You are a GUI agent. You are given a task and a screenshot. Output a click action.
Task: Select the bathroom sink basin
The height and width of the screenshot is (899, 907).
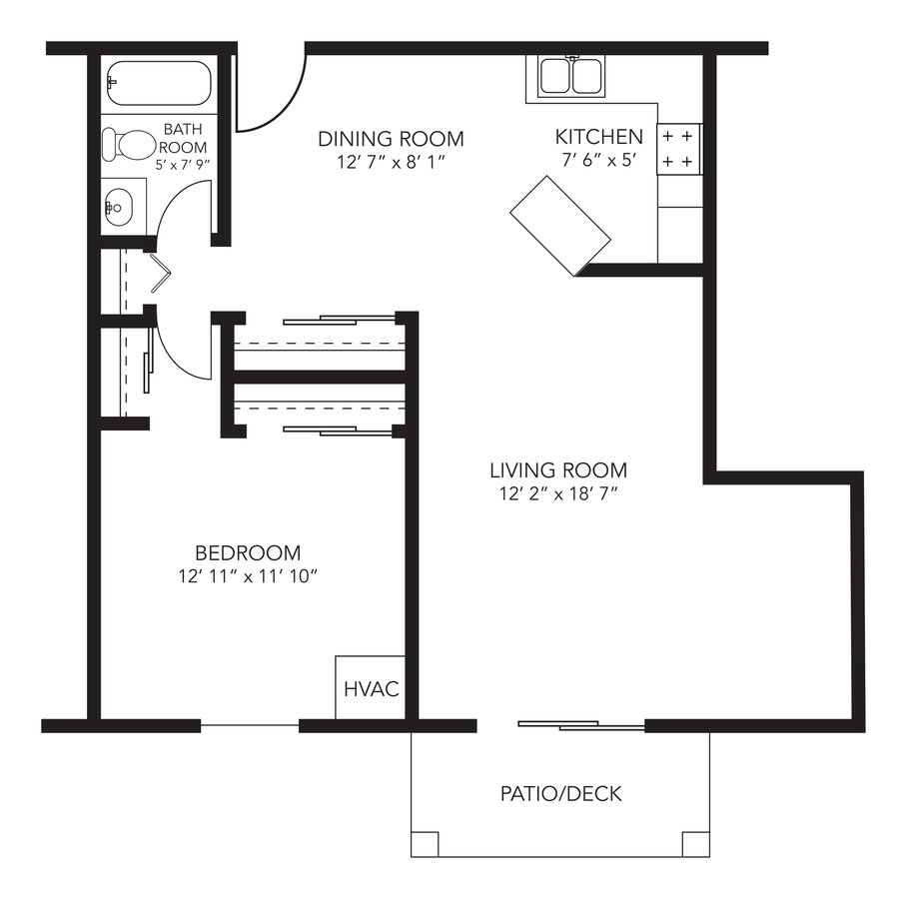[116, 207]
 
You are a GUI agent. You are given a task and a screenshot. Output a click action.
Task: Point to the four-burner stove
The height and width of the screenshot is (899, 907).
[678, 147]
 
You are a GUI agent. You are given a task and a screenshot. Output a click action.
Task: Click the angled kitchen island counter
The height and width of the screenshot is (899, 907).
[559, 226]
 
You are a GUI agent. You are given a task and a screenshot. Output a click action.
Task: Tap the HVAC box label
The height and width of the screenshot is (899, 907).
[371, 688]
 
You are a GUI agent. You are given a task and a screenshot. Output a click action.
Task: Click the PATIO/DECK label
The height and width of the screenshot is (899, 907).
[560, 794]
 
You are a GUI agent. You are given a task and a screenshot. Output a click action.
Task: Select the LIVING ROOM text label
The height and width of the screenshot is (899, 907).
[558, 469]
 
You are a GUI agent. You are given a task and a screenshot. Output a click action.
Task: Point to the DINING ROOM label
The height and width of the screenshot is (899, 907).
[391, 138]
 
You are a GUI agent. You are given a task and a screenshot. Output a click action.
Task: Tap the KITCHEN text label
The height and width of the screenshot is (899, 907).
[598, 137]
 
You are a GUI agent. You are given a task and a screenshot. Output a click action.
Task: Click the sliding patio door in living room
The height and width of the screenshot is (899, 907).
[581, 725]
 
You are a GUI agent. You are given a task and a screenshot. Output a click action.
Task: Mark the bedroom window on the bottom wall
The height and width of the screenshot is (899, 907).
[250, 725]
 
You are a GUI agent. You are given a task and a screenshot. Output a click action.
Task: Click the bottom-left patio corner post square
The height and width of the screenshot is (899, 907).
[426, 844]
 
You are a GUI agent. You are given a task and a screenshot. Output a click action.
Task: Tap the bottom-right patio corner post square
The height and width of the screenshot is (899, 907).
[696, 844]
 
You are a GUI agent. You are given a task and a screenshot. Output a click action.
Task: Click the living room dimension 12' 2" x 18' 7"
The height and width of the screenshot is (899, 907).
[558, 493]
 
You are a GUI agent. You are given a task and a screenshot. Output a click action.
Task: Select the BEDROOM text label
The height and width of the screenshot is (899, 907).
[248, 552]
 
